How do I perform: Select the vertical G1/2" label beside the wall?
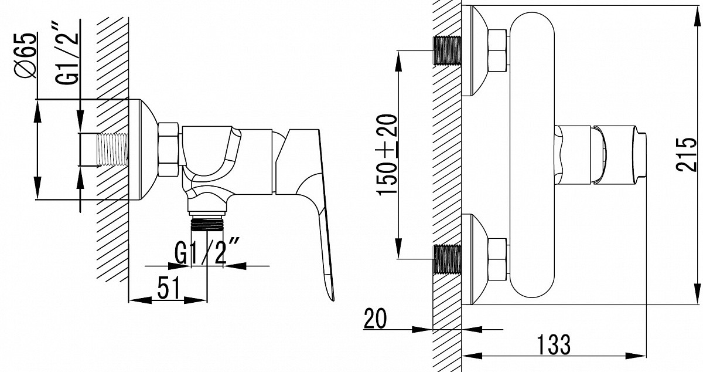click(x=67, y=53)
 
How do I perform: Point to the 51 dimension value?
click(x=169, y=288)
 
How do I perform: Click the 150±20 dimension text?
click(x=387, y=155)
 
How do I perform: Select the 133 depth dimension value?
click(x=554, y=345)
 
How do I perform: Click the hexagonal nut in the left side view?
click(x=169, y=149)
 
